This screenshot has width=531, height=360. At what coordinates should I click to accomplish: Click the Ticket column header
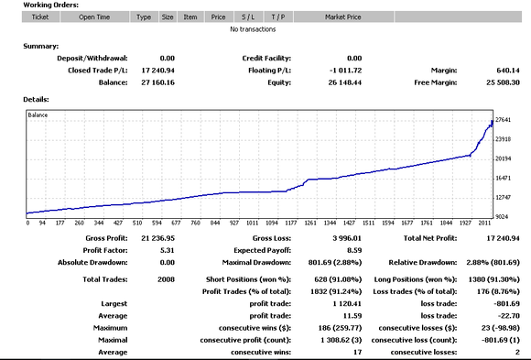pos(40,17)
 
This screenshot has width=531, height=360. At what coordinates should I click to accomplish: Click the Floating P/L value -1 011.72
pos(344,70)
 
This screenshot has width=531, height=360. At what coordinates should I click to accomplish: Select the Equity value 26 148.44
pos(344,82)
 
